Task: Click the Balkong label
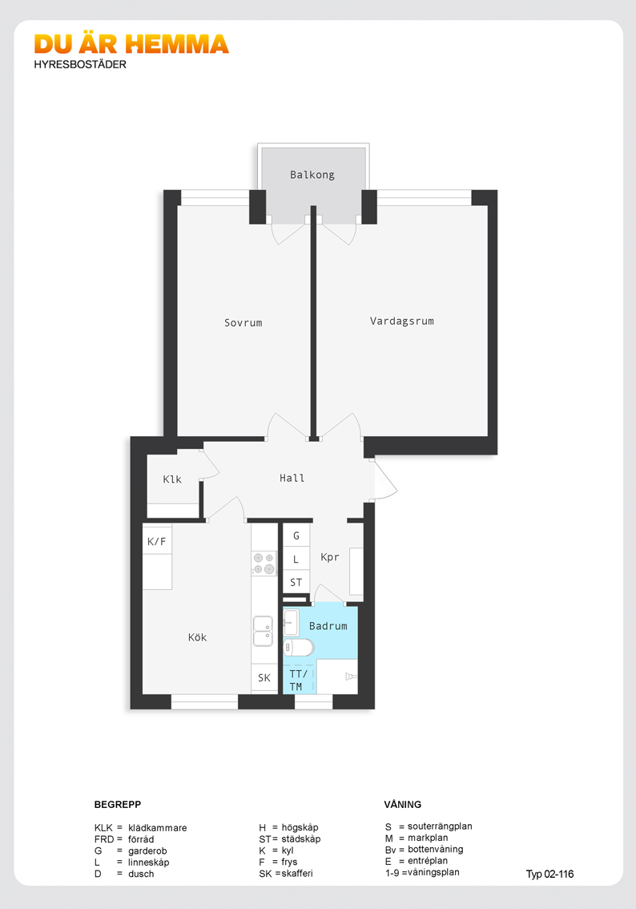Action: pyautogui.click(x=312, y=175)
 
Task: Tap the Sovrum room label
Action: pyautogui.click(x=244, y=323)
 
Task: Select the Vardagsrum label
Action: pyautogui.click(x=402, y=321)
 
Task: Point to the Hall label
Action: pyautogui.click(x=292, y=479)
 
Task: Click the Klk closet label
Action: pyautogui.click(x=172, y=479)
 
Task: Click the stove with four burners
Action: pyautogui.click(x=264, y=564)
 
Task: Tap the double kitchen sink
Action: pyautogui.click(x=264, y=632)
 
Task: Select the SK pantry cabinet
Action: pyautogui.click(x=264, y=677)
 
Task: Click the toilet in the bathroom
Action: pyautogui.click(x=299, y=647)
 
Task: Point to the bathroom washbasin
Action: pyautogui.click(x=292, y=623)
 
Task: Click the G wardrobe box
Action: pyautogui.click(x=296, y=535)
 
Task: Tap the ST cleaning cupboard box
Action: pyautogui.click(x=296, y=583)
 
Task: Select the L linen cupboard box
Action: pyautogui.click(x=296, y=560)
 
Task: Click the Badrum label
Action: pyautogui.click(x=328, y=626)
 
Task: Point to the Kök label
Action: pyautogui.click(x=197, y=637)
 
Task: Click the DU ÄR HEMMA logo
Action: pyautogui.click(x=131, y=45)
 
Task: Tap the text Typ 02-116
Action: pyautogui.click(x=549, y=875)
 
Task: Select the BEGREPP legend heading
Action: pyautogui.click(x=118, y=805)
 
